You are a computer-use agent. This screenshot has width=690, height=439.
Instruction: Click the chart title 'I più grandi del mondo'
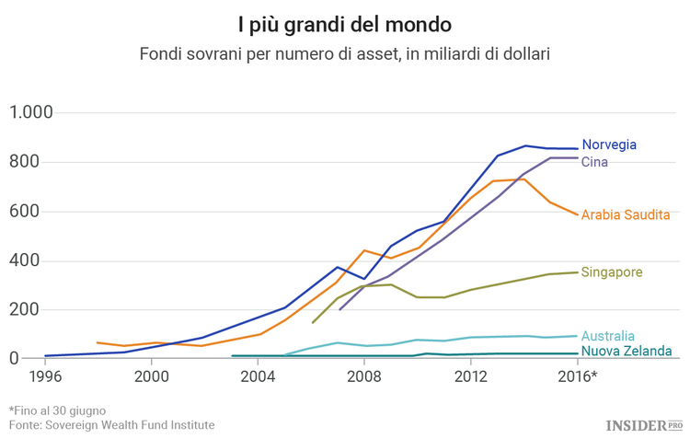coord(344,22)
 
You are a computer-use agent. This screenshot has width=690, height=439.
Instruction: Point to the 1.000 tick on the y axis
coord(31,113)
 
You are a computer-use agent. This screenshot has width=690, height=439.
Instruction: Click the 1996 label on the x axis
coord(45,376)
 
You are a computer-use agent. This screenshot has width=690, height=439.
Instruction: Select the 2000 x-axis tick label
coord(152,376)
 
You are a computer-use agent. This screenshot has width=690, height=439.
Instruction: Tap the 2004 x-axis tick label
coord(259,376)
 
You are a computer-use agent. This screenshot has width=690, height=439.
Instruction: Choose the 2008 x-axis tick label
coord(364,376)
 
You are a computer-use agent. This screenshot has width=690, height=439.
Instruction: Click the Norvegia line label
coord(609,145)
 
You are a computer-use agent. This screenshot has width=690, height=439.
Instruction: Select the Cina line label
coord(594,163)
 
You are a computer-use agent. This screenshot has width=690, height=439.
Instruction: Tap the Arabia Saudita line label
coord(625,214)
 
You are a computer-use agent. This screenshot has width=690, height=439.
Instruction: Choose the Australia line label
coord(608,336)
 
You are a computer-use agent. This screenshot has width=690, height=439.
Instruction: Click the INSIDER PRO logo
coord(642,424)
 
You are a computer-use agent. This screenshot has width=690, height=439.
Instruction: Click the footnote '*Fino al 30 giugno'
coord(57,410)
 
